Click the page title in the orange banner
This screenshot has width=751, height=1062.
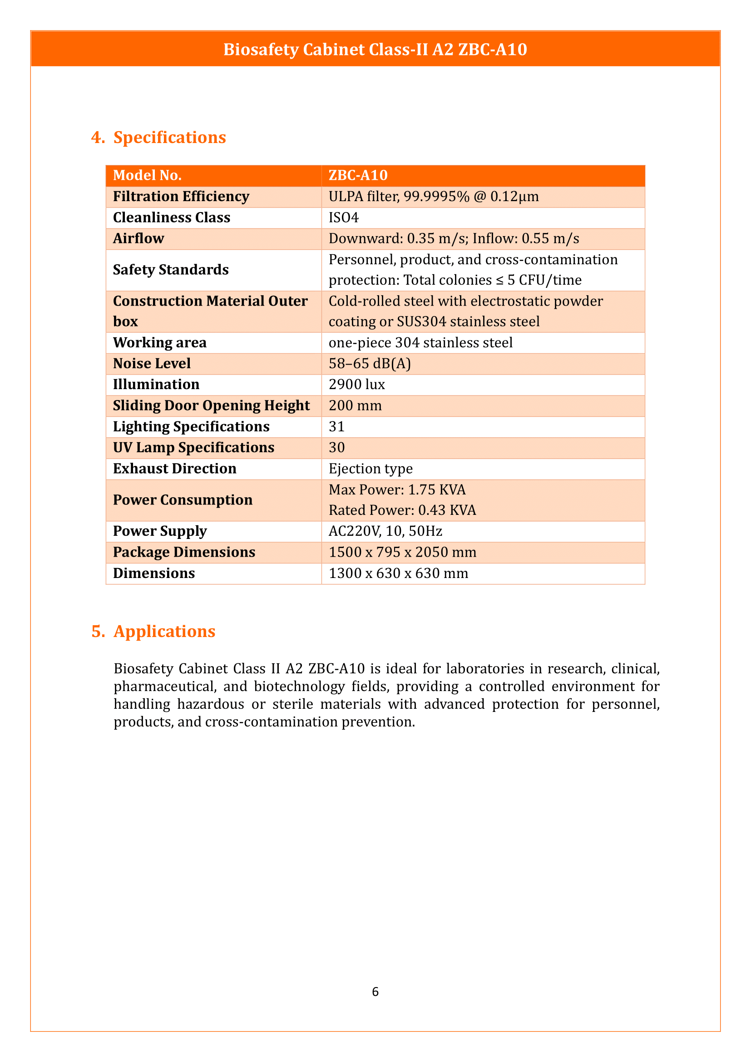coord(375,49)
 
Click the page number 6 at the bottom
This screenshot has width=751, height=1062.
coord(375,992)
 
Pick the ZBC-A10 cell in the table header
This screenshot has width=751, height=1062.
coord(358,175)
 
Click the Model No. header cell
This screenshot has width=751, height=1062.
coord(147,175)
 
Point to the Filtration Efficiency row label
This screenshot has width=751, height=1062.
coord(181,197)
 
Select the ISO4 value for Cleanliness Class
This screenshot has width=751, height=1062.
coord(344,217)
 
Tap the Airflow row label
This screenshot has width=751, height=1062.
coord(138,239)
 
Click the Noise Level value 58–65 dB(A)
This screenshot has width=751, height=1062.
coord(370,364)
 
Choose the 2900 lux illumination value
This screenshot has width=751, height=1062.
coord(356,385)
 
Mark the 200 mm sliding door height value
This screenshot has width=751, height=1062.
coord(355,405)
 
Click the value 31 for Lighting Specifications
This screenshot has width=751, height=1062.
coord(336,426)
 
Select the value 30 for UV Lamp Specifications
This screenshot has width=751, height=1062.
coord(336,447)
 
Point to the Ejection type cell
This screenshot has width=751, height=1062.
coord(371,469)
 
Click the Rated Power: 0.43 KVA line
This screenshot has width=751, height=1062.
coord(402,510)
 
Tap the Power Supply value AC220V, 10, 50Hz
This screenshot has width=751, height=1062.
coord(385,531)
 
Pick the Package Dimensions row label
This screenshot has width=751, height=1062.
coord(183,552)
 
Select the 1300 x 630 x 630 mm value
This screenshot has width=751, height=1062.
coord(398,573)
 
